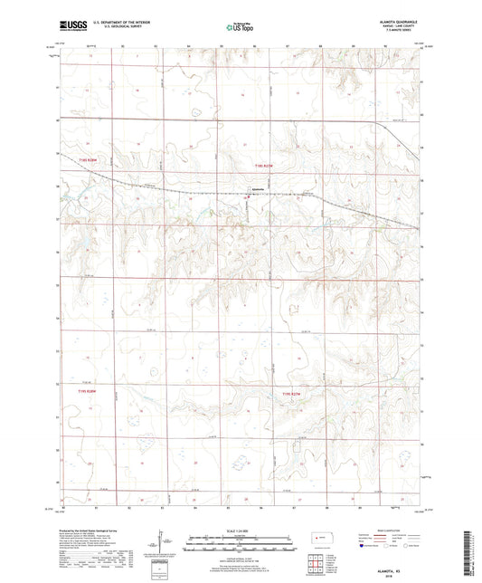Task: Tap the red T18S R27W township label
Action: point(263,166)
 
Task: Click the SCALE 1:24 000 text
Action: point(240,530)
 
